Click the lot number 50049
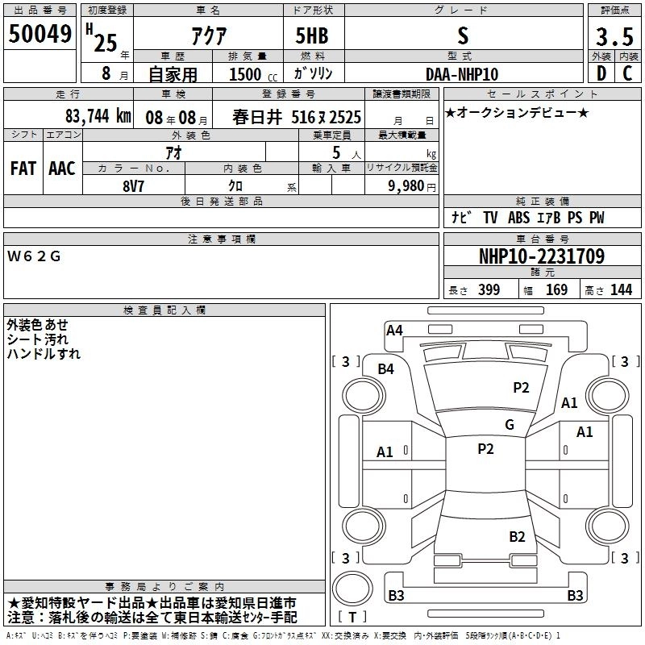(40, 34)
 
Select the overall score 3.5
(614, 37)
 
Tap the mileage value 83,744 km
(98, 116)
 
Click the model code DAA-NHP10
(462, 74)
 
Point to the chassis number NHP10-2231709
(542, 256)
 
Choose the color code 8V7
(133, 186)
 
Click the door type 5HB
(312, 35)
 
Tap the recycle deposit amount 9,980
(406, 186)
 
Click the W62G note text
(34, 256)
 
